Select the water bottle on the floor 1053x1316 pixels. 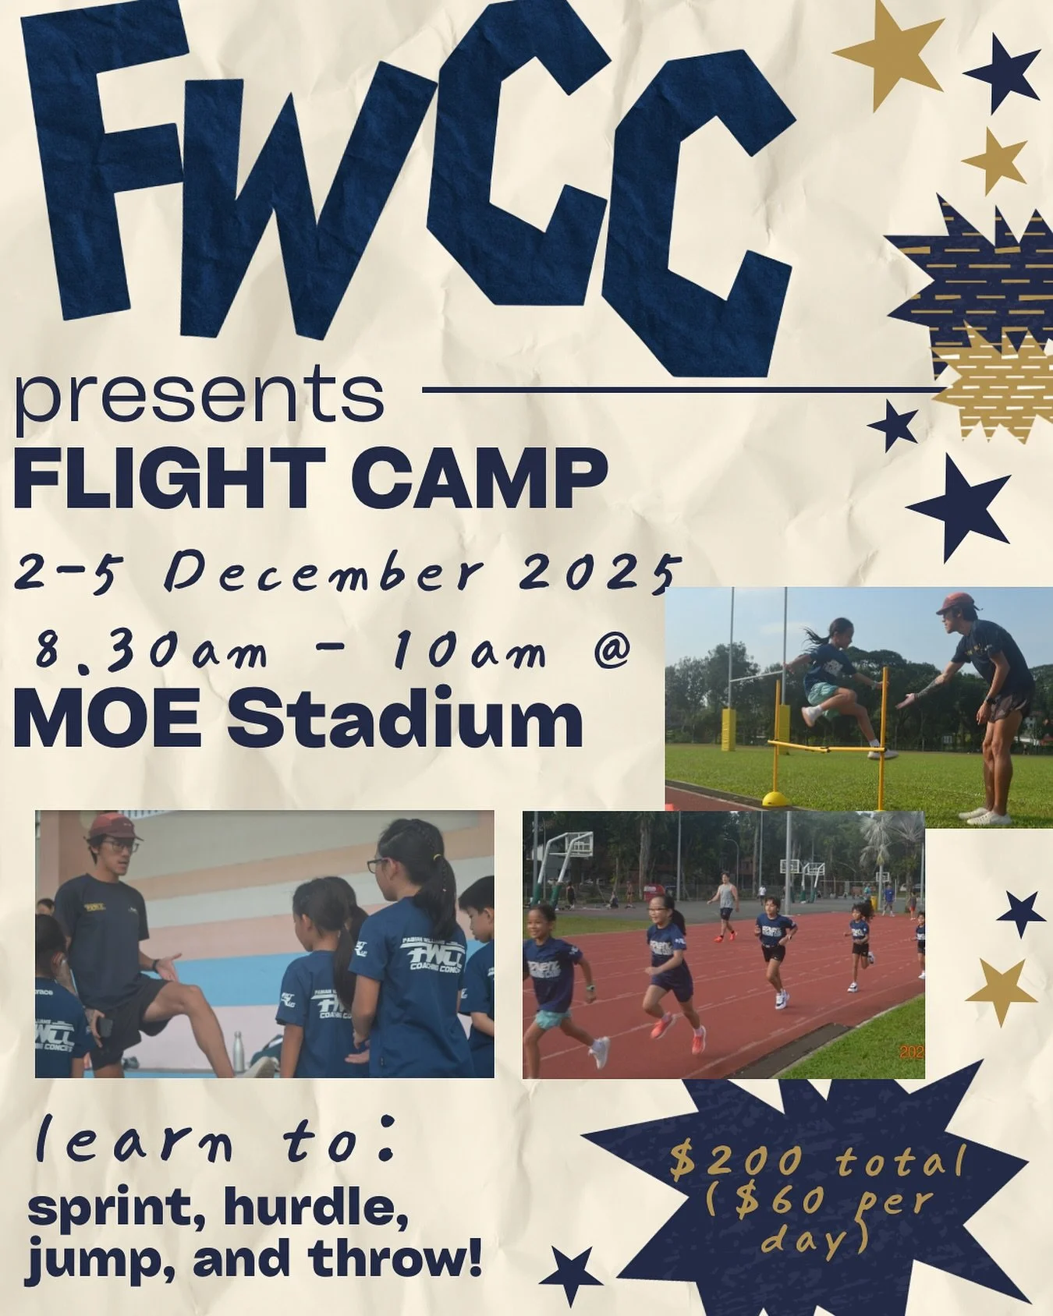pos(234,1052)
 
